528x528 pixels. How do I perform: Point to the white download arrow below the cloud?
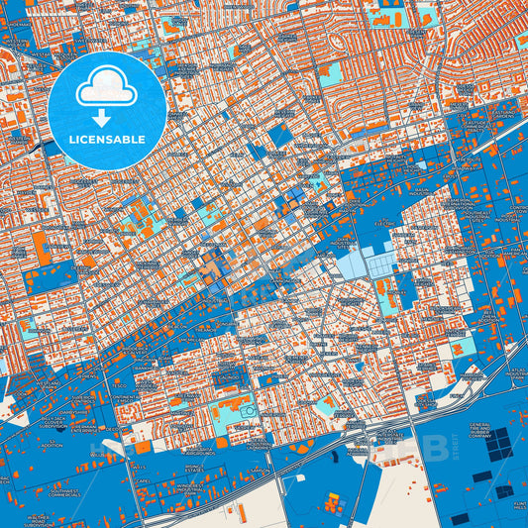click(x=108, y=118)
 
